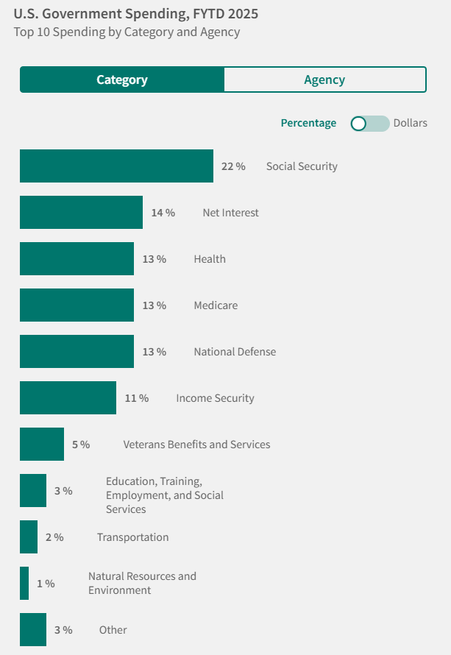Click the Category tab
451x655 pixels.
(122, 79)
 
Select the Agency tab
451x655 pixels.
(324, 79)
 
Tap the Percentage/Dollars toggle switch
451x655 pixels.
(369, 123)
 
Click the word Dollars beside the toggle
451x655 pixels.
(410, 123)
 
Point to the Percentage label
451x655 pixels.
(308, 123)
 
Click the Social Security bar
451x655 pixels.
(116, 166)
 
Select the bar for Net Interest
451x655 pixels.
(81, 213)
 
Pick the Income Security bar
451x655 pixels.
(68, 398)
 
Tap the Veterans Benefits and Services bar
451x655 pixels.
(42, 445)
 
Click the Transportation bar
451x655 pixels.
(29, 537)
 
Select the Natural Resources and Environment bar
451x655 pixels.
(24, 584)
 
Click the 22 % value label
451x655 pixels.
(233, 166)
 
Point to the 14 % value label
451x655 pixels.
(163, 213)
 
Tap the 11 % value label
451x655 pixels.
(136, 398)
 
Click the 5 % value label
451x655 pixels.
(80, 445)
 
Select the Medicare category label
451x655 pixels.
(216, 305)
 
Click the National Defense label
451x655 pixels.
(235, 352)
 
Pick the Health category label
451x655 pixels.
(210, 259)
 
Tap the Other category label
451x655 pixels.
(113, 630)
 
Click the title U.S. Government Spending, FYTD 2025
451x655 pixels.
(136, 14)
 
